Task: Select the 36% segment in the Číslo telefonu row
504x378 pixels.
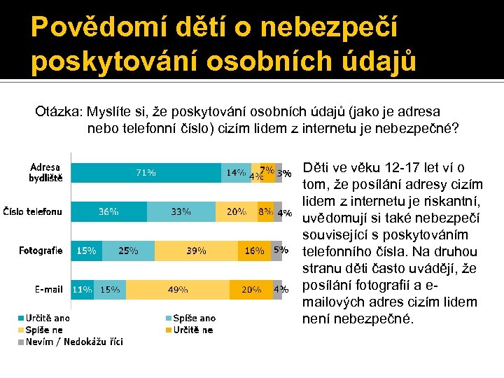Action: (x=108, y=211)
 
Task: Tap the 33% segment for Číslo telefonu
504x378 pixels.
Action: (x=181, y=211)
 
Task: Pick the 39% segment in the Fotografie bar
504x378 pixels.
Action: (x=196, y=250)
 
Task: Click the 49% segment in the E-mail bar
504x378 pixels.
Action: (x=178, y=288)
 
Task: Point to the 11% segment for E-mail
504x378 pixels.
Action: (x=82, y=288)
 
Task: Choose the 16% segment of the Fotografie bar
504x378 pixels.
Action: (x=255, y=250)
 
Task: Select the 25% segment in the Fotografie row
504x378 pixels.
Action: (x=128, y=250)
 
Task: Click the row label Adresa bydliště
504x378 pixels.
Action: (x=45, y=172)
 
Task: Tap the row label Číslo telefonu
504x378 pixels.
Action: (x=33, y=211)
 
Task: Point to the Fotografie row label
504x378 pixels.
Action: (x=41, y=250)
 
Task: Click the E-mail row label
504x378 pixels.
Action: (x=49, y=288)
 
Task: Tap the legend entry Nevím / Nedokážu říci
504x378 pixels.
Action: (x=70, y=342)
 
